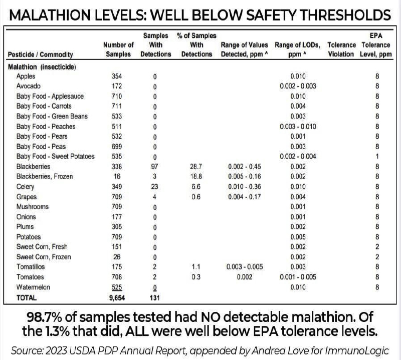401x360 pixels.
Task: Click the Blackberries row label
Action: coord(33,166)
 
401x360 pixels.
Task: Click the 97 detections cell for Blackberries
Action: coord(155,166)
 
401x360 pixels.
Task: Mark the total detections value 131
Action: coord(155,297)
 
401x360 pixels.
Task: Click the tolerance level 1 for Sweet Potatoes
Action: coord(376,156)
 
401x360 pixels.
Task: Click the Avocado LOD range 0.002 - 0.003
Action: coord(298,86)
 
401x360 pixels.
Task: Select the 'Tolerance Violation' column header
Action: coord(341,50)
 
